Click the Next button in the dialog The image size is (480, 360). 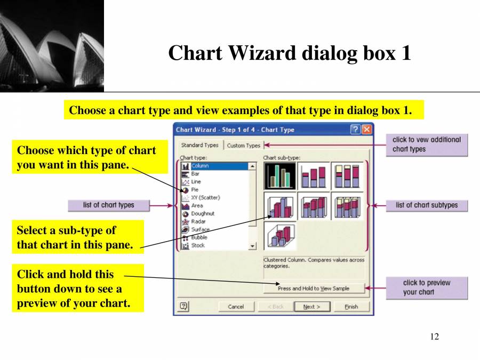(x=312, y=307)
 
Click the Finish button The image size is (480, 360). (x=351, y=307)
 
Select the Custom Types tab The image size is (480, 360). (x=244, y=145)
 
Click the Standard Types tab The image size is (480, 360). (x=200, y=145)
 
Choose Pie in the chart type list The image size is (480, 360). (x=195, y=189)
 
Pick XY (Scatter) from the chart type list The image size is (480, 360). (x=205, y=197)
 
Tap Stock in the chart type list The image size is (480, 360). (x=198, y=245)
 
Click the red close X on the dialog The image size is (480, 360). (x=367, y=130)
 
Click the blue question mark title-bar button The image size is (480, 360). (x=356, y=130)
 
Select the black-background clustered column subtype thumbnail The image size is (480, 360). (x=280, y=176)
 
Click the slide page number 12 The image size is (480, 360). (x=434, y=337)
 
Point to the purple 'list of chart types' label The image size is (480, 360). (x=109, y=205)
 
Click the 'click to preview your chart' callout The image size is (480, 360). (x=427, y=287)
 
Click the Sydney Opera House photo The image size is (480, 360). (x=52, y=46)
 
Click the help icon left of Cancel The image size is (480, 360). (x=184, y=306)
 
